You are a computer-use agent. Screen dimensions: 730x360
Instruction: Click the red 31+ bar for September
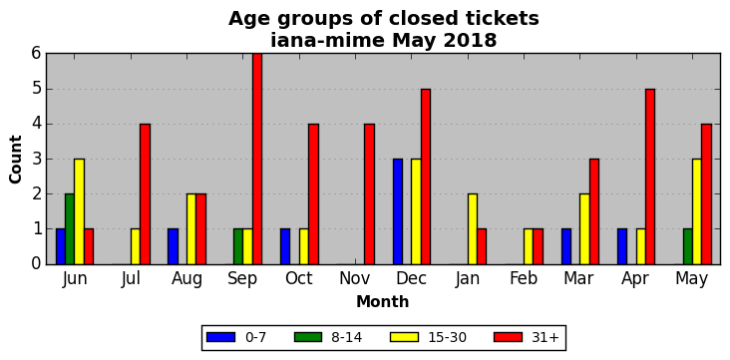tap(257, 159)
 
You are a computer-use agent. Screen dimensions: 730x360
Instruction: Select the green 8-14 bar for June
tap(70, 229)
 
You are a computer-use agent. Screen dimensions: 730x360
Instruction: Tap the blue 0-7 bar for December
tap(398, 211)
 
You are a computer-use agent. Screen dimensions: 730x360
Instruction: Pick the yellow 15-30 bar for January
tap(473, 229)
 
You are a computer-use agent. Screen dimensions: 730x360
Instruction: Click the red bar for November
tap(369, 193)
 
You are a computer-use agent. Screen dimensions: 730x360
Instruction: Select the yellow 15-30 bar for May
tap(697, 211)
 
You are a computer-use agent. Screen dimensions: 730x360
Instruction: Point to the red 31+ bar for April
tap(650, 177)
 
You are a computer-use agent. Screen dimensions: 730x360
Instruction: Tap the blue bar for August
tap(173, 246)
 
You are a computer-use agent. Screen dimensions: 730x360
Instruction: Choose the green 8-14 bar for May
tap(688, 246)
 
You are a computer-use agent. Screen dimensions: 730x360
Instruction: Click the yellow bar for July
tap(136, 246)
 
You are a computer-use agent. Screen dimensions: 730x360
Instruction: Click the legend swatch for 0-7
tap(220, 337)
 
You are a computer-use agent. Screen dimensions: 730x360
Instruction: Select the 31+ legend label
tap(545, 337)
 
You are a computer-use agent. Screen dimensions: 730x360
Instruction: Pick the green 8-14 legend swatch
tap(308, 337)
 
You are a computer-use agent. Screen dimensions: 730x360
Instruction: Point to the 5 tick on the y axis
tap(36, 89)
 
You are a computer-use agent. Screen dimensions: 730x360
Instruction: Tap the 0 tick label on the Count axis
tap(36, 264)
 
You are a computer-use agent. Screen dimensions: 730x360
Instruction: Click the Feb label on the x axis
tap(524, 278)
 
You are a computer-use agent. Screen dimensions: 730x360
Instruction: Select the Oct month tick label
tap(299, 278)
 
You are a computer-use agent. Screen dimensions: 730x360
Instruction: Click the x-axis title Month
tap(383, 302)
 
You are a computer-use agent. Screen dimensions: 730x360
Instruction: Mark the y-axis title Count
tap(15, 160)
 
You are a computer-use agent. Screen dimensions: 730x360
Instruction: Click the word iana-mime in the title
tap(328, 41)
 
